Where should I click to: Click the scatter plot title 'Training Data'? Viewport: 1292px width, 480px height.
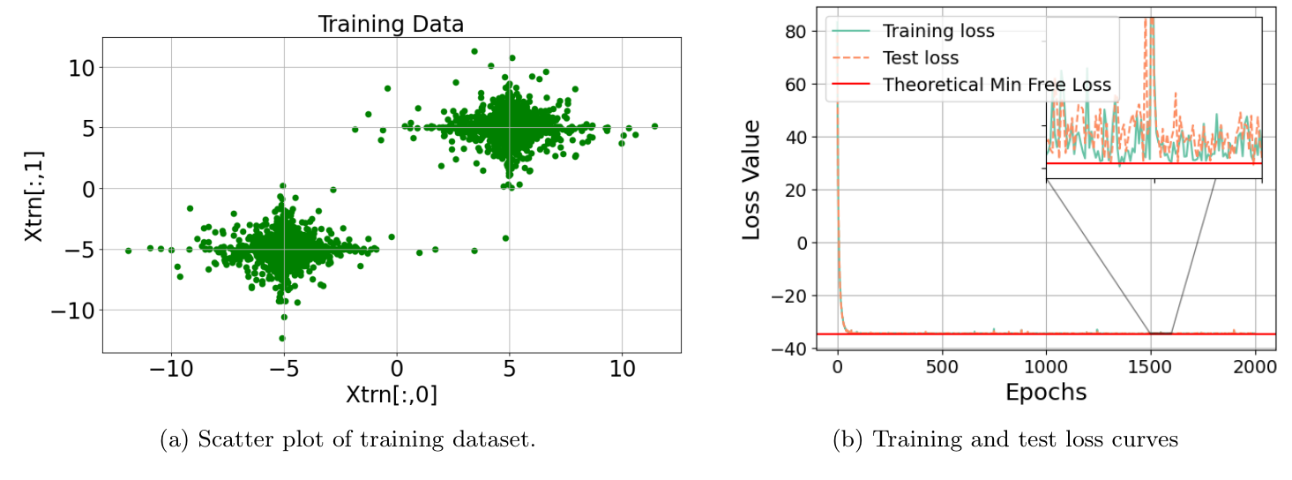[x=391, y=24]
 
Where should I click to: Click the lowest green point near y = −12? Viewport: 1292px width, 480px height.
[x=282, y=338]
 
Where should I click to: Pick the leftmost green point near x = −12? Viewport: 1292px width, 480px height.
[x=128, y=251]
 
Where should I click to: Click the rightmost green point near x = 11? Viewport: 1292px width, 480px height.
[x=654, y=126]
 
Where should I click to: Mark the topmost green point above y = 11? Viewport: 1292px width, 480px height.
[x=474, y=52]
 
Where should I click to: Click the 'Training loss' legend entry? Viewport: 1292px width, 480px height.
[x=937, y=31]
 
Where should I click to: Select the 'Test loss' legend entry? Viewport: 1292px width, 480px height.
[x=921, y=58]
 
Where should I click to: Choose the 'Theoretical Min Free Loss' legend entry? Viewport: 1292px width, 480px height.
[x=997, y=85]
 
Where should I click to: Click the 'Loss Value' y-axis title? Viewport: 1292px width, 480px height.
[x=751, y=180]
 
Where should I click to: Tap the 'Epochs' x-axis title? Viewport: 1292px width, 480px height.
[x=1046, y=391]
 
